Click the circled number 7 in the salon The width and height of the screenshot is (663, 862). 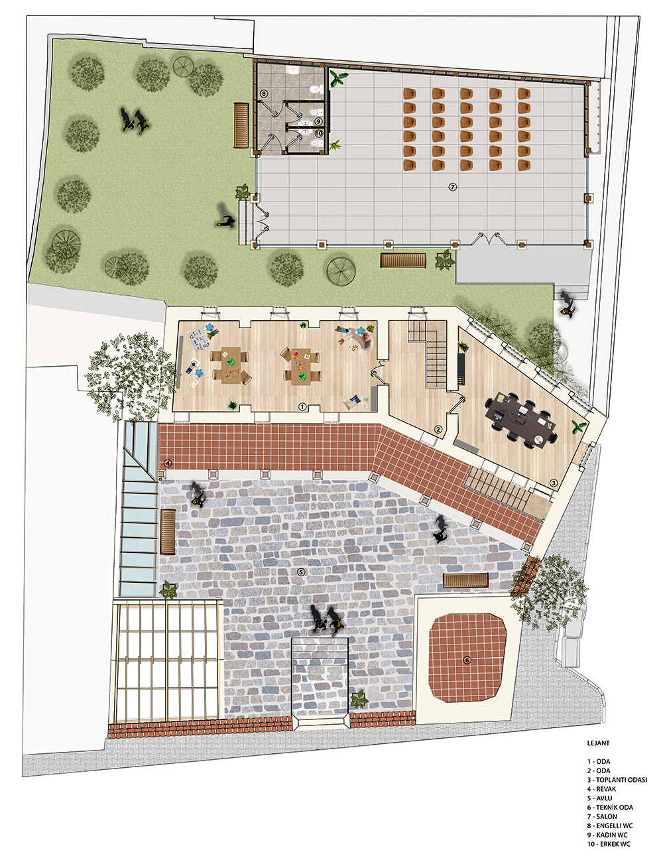tap(452, 186)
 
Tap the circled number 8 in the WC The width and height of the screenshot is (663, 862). tap(264, 94)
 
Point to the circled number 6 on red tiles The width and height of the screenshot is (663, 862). tap(467, 660)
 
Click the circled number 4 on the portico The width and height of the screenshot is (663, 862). tap(168, 463)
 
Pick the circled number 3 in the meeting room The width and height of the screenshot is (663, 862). tap(554, 483)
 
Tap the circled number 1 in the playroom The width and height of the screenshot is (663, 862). tap(302, 406)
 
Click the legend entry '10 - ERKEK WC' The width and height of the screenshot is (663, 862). tap(609, 844)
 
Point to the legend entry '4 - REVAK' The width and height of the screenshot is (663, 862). tap(601, 789)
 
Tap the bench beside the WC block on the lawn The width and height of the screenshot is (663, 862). tap(241, 125)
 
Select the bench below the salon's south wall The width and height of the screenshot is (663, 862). tap(403, 260)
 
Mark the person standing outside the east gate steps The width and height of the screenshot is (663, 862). tap(568, 304)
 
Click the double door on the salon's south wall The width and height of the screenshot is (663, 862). tap(488, 239)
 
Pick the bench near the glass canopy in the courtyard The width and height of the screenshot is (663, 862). tap(168, 532)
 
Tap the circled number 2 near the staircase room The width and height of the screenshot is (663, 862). tap(438, 429)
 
